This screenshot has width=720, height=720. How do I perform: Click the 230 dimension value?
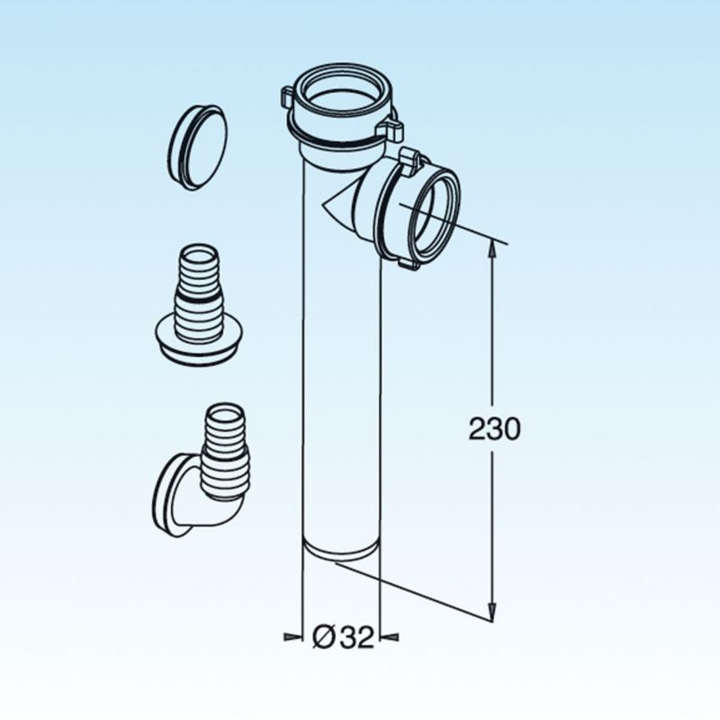click(x=494, y=429)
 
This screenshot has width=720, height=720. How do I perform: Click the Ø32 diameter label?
click(x=343, y=637)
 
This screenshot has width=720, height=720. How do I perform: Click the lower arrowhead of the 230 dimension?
click(x=491, y=611)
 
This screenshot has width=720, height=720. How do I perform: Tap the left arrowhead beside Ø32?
click(x=294, y=636)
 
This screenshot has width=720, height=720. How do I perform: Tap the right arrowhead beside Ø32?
click(x=390, y=636)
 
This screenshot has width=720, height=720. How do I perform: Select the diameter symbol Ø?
click(x=323, y=637)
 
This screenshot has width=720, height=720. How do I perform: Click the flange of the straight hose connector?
click(x=199, y=340)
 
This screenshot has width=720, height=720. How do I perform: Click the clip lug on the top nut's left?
click(x=286, y=97)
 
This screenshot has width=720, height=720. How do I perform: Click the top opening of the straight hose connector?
click(x=198, y=254)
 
